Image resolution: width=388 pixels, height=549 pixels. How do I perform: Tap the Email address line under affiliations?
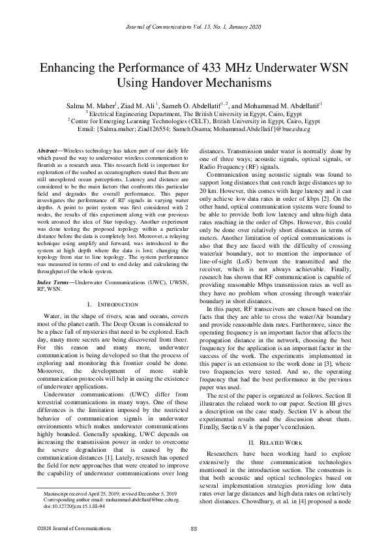tap(194, 128)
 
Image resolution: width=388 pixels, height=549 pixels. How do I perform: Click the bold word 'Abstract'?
tap(50, 151)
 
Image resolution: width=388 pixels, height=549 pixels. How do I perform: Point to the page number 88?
tap(194, 527)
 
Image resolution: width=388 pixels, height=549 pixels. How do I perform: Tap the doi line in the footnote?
tap(68, 505)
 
